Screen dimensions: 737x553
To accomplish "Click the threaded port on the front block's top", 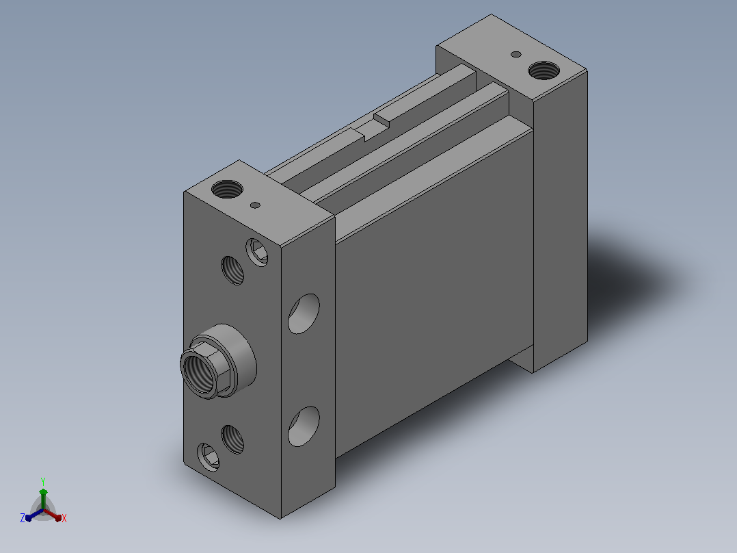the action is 227,189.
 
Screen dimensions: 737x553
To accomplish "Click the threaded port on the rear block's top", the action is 544,70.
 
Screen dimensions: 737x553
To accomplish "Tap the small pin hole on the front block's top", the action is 255,205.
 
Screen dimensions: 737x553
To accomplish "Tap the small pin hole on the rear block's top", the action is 515,54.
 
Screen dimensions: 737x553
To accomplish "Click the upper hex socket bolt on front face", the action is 257,253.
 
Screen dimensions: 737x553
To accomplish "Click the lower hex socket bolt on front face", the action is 209,457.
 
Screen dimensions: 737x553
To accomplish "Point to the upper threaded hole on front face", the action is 232,270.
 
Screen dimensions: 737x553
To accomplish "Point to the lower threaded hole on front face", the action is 232,439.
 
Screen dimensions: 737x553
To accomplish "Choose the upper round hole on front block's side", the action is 304,314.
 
